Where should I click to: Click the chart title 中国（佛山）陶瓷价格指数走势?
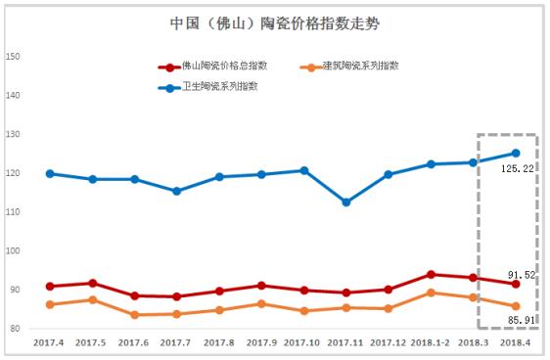point(274,22)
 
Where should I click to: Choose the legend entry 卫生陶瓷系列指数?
point(217,87)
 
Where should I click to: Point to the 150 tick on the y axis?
point(14,56)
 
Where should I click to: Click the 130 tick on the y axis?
point(14,134)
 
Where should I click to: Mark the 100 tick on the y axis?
point(14,250)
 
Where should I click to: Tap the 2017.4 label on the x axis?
point(49,342)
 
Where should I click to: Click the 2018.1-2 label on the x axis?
point(432,342)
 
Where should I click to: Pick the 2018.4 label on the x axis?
point(516,342)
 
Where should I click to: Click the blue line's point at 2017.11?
point(346,202)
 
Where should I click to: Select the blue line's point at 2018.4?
point(516,153)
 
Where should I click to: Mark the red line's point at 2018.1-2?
point(432,274)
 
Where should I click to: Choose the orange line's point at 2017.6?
point(134,315)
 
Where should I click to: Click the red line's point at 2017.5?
point(92,283)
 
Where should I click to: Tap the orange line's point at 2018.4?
point(516,306)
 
